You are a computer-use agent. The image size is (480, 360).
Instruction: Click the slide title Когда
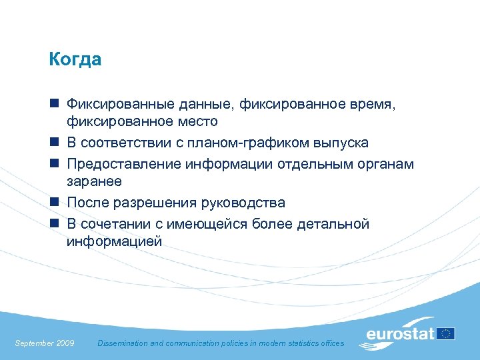pos(75,60)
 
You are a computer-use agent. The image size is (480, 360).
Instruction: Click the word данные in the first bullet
pos(203,105)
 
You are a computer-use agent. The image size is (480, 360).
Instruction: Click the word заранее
pos(94,182)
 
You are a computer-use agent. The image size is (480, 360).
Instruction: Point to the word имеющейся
pos(208,224)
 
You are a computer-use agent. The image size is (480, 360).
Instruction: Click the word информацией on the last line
pos(114,241)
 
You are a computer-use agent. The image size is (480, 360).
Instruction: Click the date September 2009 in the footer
pos(45,343)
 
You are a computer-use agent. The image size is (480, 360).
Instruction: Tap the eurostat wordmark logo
pos(400,334)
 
